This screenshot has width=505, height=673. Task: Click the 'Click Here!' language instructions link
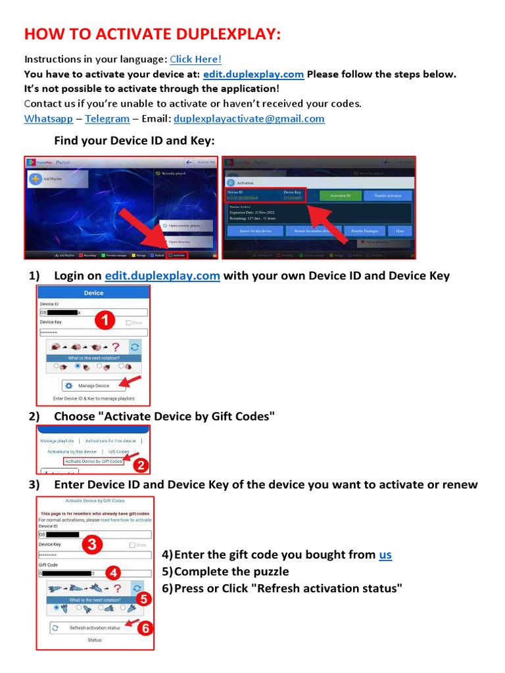click(x=195, y=59)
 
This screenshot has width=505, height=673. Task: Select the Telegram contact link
click(x=107, y=119)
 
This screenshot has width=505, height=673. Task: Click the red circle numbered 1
click(x=107, y=320)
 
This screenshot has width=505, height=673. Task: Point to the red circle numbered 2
click(x=140, y=465)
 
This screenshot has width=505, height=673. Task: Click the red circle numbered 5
click(x=145, y=599)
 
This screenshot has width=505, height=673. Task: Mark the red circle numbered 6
click(x=145, y=628)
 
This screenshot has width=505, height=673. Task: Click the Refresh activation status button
click(x=95, y=628)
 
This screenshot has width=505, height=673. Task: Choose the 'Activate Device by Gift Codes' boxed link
click(x=94, y=461)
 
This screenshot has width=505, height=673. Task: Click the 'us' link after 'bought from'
click(x=385, y=555)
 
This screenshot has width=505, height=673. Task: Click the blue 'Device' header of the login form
click(x=93, y=292)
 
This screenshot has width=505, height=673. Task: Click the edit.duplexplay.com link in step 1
click(x=162, y=275)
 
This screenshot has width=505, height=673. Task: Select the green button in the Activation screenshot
click(x=339, y=196)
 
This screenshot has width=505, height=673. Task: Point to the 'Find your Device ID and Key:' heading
click(x=134, y=141)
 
